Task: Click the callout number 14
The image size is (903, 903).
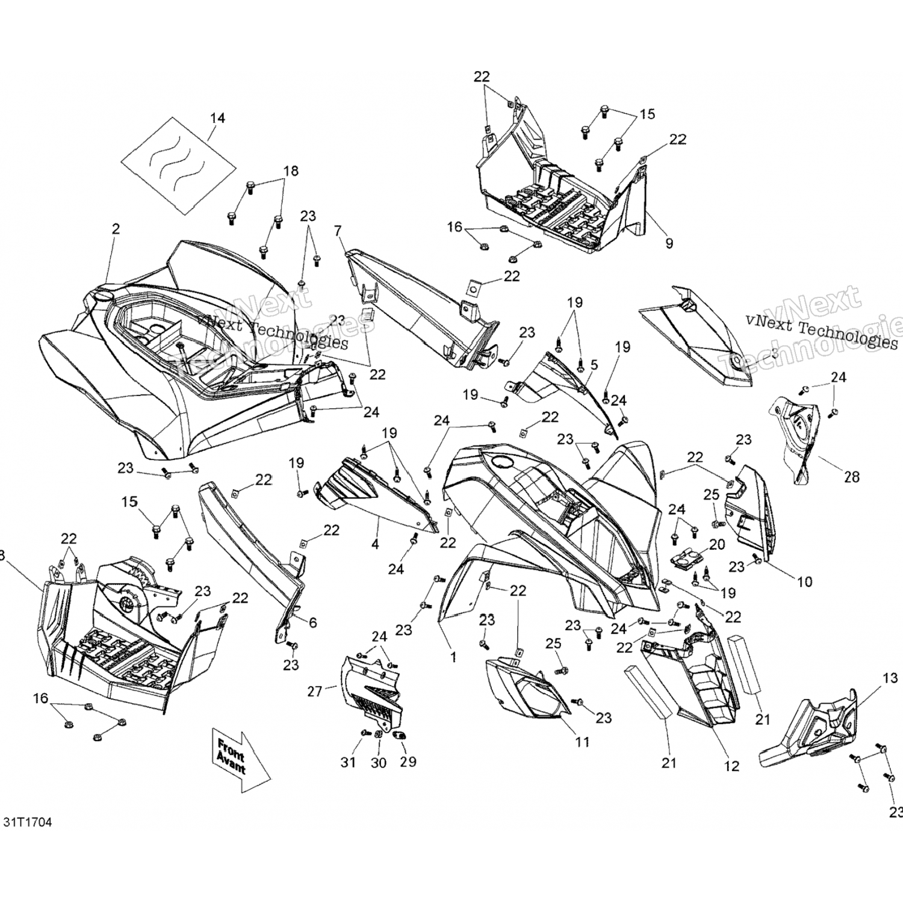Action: pyautogui.click(x=217, y=118)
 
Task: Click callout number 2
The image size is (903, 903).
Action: pyautogui.click(x=116, y=229)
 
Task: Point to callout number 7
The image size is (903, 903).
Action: pyautogui.click(x=338, y=231)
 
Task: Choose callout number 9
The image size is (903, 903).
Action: pyautogui.click(x=669, y=243)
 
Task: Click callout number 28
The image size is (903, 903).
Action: pyautogui.click(x=851, y=477)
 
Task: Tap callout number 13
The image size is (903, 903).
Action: pyautogui.click(x=890, y=679)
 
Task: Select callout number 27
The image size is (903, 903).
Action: pyautogui.click(x=315, y=691)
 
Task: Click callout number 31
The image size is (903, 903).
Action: pyautogui.click(x=348, y=762)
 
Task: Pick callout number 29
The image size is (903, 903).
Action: pyautogui.click(x=408, y=762)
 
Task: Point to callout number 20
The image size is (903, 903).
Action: pyautogui.click(x=717, y=545)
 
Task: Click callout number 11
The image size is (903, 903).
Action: pyautogui.click(x=582, y=742)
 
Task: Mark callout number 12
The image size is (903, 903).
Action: pyautogui.click(x=731, y=766)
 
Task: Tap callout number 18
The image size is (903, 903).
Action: pyautogui.click(x=291, y=171)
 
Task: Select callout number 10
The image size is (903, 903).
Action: pyautogui.click(x=804, y=582)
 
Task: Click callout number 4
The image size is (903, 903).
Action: pyautogui.click(x=375, y=544)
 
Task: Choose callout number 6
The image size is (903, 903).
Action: pyautogui.click(x=313, y=624)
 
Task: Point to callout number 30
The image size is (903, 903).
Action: pyautogui.click(x=379, y=762)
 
